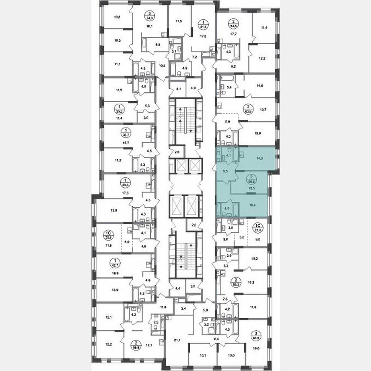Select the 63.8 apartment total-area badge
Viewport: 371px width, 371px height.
[248, 110]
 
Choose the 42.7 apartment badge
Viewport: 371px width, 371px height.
[114, 263]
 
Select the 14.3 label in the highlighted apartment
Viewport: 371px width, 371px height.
[259, 158]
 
